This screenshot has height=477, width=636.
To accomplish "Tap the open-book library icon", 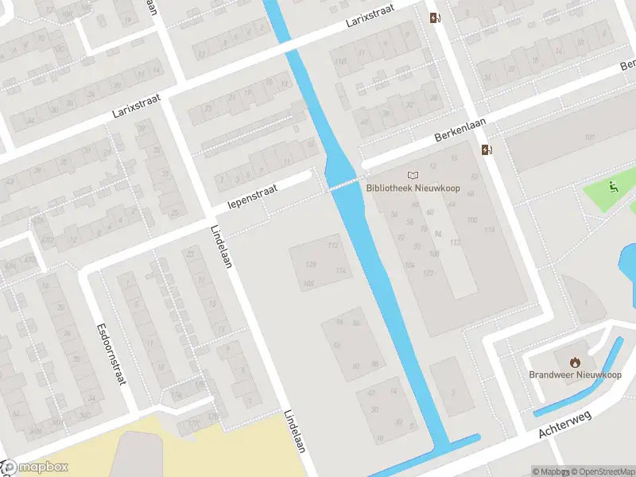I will click(x=412, y=175).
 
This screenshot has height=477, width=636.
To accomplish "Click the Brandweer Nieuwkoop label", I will click(x=576, y=374).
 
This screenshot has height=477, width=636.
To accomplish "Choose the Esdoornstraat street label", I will click(x=111, y=354).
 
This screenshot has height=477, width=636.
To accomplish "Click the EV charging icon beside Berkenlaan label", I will click(x=487, y=149).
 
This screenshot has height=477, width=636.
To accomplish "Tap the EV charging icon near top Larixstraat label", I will click(x=434, y=17).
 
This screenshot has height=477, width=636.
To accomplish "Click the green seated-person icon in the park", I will click(x=613, y=188).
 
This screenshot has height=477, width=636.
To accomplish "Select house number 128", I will click(x=311, y=264).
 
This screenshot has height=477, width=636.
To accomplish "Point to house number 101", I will click(x=589, y=138).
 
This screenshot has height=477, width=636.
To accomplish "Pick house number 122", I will click(x=428, y=273).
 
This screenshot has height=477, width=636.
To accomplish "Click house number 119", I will click(x=490, y=230).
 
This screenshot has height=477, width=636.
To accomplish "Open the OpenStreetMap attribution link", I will click(x=603, y=471).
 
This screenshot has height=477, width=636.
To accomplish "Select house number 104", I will click(x=409, y=265).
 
